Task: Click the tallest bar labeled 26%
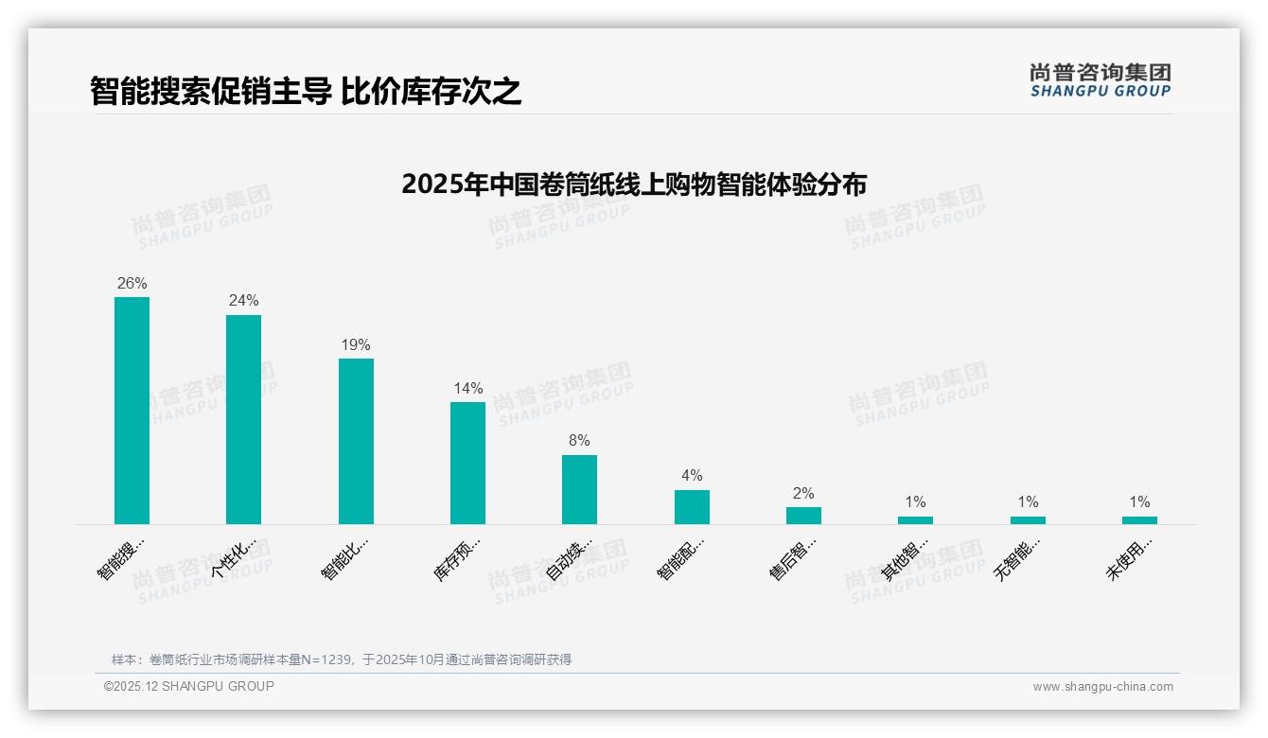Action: [132, 411]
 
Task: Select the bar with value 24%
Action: [243, 419]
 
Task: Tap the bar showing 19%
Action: [356, 441]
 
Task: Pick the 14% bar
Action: [467, 463]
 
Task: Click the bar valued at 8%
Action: [579, 489]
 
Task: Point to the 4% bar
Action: [692, 507]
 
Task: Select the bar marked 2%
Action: [803, 516]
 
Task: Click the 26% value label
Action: [132, 284]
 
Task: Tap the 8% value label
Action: [579, 441]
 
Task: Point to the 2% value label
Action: [803, 494]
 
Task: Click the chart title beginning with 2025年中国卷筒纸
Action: [634, 184]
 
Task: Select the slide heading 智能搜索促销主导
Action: [306, 92]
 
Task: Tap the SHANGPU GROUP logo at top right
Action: [1100, 80]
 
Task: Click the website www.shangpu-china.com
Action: [1102, 687]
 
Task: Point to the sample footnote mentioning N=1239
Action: [342, 659]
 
